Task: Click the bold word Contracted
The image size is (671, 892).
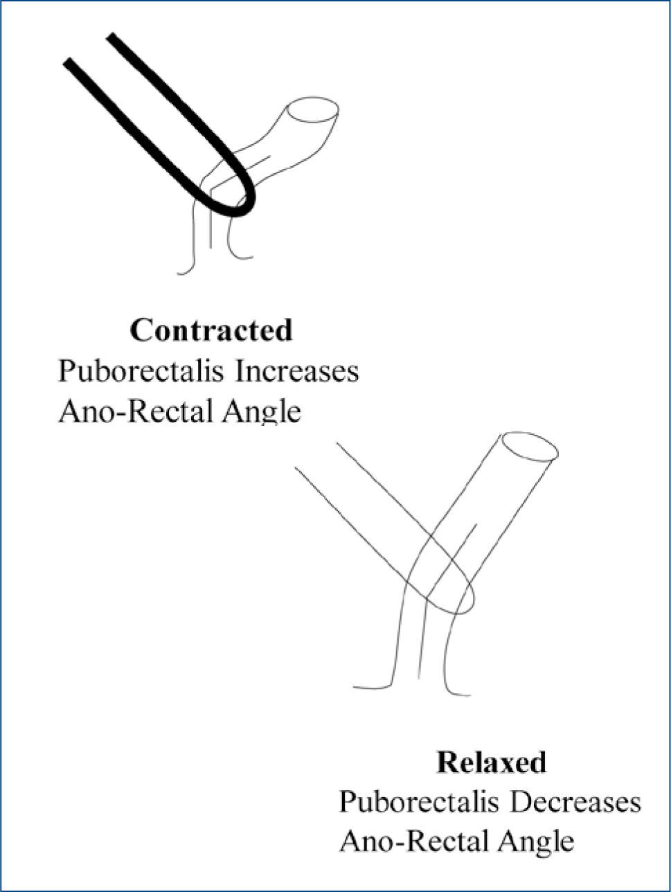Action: (x=211, y=330)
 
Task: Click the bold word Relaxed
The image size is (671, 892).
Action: (x=491, y=762)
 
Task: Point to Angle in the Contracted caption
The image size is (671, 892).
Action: (x=262, y=413)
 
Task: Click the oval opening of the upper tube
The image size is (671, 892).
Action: (x=313, y=111)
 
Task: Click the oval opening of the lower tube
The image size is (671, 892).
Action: (x=529, y=447)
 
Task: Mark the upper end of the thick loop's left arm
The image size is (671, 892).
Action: (x=69, y=64)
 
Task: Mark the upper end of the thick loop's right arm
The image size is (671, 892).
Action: (x=111, y=36)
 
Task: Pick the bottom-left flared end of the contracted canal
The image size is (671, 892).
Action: (x=180, y=273)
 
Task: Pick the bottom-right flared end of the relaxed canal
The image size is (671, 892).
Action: (x=467, y=695)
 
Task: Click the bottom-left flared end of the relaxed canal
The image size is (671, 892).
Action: (x=356, y=687)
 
